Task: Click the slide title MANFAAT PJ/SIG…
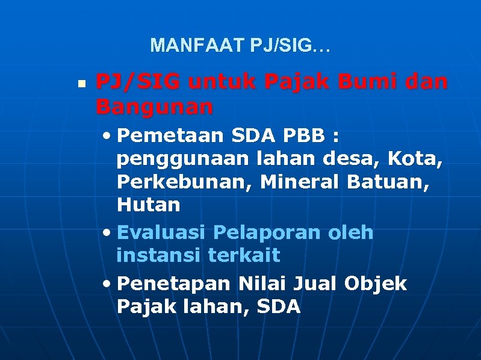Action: (x=240, y=45)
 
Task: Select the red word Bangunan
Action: (x=154, y=108)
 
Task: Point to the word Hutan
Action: (x=149, y=205)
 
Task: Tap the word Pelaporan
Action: (x=267, y=232)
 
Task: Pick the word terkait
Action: (x=244, y=255)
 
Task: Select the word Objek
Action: (x=376, y=283)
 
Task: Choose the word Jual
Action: (x=315, y=283)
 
